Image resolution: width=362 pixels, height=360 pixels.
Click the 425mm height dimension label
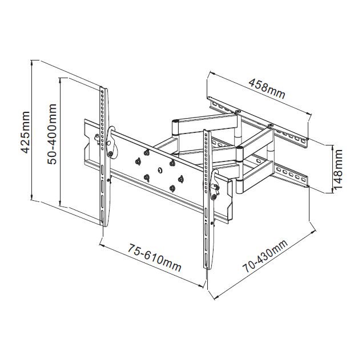25,132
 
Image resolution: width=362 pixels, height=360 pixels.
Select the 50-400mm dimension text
52,134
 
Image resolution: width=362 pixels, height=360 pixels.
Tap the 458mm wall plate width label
267,89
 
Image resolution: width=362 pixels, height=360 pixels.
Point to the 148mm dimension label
337,169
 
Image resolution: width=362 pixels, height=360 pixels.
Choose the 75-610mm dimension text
155,257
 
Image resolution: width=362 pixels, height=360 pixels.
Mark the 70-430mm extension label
265,256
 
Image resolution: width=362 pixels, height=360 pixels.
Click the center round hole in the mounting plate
159,170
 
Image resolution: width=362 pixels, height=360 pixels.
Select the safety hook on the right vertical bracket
215,185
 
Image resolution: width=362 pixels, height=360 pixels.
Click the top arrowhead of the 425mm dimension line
31,62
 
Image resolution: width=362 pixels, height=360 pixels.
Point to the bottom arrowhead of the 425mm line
31,198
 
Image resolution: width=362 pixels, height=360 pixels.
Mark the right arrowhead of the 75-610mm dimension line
200,286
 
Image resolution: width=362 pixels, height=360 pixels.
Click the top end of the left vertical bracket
103,88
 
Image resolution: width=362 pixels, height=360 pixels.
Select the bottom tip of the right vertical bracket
207,269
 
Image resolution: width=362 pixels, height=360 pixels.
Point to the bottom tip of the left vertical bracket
104,226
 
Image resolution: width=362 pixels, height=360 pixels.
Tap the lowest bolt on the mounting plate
172,189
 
